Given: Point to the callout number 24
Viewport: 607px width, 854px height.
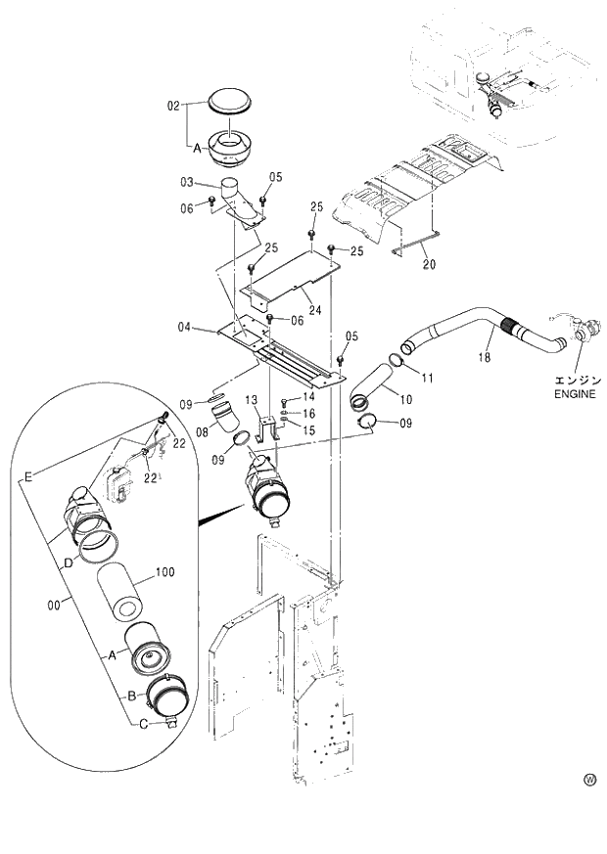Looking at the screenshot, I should coord(314,310).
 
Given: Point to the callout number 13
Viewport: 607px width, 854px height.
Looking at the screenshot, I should coord(251,400).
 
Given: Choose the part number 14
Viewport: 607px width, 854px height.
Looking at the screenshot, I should coord(307,397).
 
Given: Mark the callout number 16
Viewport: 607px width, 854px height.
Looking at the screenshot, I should coord(307,415).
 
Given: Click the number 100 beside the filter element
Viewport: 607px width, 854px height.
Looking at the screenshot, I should coord(164,572).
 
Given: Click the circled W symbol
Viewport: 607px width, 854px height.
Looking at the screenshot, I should coord(589,780).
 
